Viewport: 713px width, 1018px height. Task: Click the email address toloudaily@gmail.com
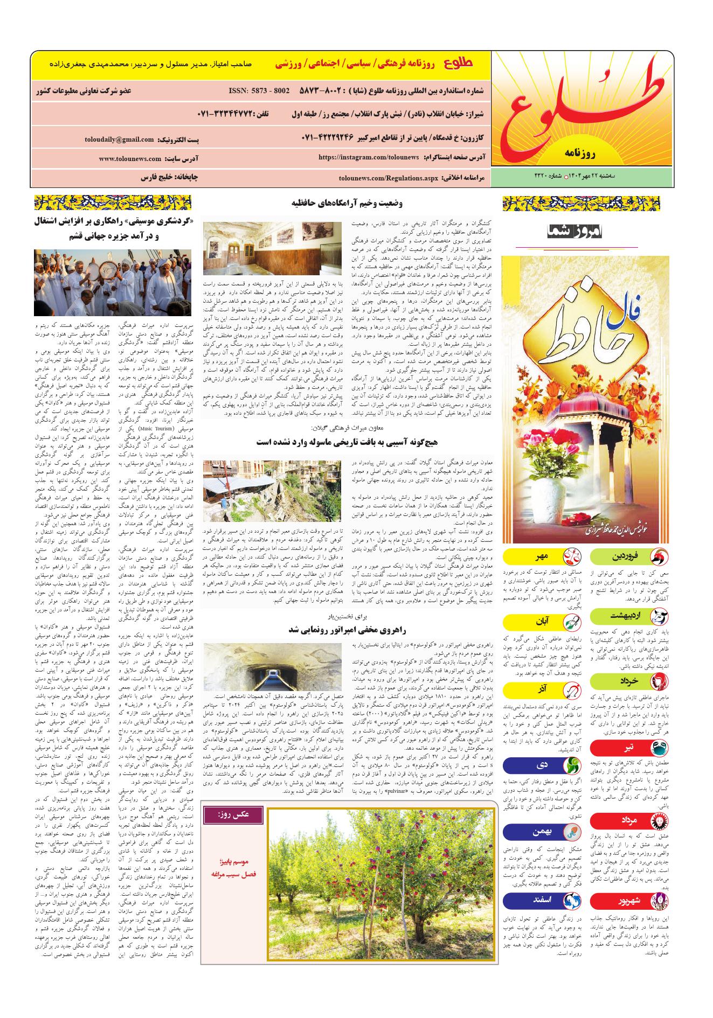click(119, 140)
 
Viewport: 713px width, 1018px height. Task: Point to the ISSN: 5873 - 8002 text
click(259, 90)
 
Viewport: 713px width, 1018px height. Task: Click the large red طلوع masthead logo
click(582, 108)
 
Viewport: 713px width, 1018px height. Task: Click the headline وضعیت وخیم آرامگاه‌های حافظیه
click(348, 203)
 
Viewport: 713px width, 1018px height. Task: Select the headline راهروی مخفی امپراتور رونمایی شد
click(347, 629)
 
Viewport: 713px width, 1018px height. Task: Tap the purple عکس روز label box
click(233, 815)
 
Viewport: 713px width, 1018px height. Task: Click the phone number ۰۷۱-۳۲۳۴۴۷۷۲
click(225, 115)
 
